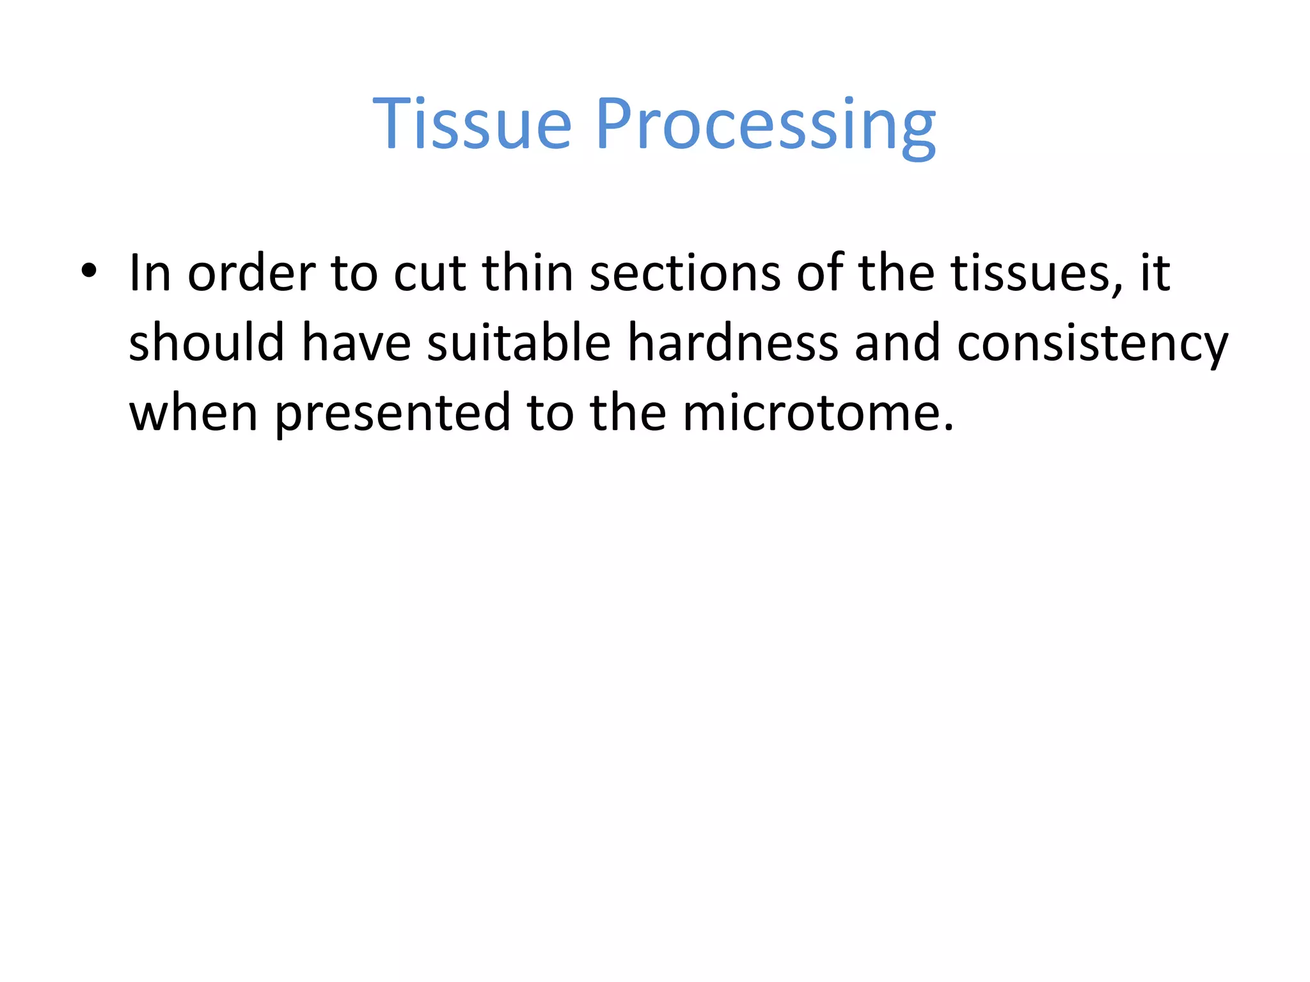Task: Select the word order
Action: pos(251,274)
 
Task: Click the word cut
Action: pos(429,274)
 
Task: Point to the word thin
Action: pos(527,274)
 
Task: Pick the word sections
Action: pos(684,274)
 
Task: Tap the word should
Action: pos(207,343)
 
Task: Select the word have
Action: pos(356,343)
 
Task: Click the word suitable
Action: pos(519,343)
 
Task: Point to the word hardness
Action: pos(732,343)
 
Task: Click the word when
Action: pos(194,413)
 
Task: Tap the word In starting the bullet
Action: pos(150,274)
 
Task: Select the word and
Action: pos(897,343)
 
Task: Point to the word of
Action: pos(819,274)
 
